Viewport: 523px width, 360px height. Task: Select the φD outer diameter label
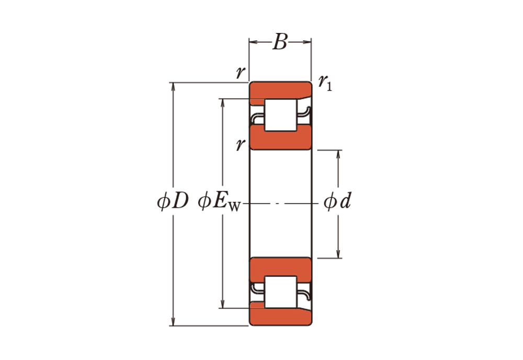tap(172, 201)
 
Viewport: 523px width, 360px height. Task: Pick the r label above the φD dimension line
tap(240, 73)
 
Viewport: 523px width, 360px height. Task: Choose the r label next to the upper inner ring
tap(240, 144)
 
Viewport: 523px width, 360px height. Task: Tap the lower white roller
tap(281, 292)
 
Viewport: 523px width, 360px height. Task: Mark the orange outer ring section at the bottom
tap(280, 317)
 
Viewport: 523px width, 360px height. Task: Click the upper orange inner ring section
tap(280, 138)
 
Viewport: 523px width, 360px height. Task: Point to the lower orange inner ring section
tap(280, 266)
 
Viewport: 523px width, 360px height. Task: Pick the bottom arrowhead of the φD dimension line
tap(173, 322)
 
